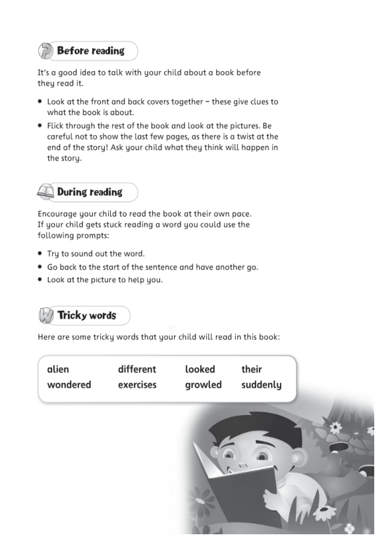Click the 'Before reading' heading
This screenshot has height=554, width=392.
[90, 51]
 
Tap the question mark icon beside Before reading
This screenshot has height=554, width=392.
[45, 51]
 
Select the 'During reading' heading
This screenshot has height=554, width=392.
[90, 192]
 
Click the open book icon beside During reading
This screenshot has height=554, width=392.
[45, 193]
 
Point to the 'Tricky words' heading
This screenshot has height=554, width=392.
[86, 315]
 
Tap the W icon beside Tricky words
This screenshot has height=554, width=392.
[45, 316]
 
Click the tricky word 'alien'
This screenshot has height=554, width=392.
[58, 369]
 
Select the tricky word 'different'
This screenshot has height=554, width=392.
[137, 369]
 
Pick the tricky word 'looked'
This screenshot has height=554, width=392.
[200, 369]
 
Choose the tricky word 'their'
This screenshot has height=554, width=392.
[251, 369]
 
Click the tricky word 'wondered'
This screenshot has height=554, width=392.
[69, 385]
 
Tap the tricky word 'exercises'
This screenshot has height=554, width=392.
[137, 385]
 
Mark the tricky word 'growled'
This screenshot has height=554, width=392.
[203, 385]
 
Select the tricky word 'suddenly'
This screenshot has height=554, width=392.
[261, 385]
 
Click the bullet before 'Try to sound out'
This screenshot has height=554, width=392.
[40, 253]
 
